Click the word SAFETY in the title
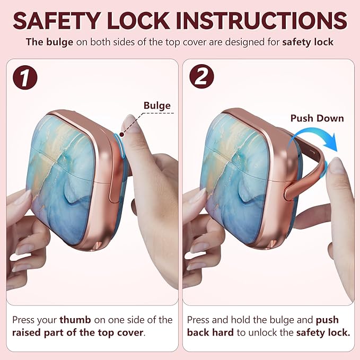tap(57, 21)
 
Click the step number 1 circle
tap(25, 77)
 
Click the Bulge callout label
tap(157, 106)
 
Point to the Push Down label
tap(317, 118)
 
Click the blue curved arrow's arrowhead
tap(331, 143)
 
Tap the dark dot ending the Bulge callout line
tap(122, 134)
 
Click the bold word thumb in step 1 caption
tap(75, 320)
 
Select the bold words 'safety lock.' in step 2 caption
tap(323, 332)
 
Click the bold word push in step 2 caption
tap(327, 320)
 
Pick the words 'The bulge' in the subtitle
tap(50, 42)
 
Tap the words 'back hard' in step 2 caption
tap(210, 332)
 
